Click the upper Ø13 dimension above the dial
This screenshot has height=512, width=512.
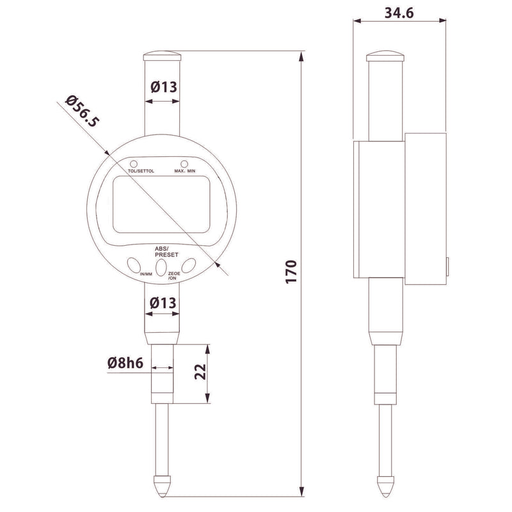(163, 88)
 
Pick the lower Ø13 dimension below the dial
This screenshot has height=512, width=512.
(163, 305)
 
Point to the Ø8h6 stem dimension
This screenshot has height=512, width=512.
(125, 364)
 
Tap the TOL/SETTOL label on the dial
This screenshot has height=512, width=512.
(141, 171)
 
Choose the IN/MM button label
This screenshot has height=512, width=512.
(145, 275)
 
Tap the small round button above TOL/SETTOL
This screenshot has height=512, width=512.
(134, 163)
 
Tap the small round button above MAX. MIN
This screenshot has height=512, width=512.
(184, 163)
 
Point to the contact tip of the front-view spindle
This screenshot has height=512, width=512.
(163, 490)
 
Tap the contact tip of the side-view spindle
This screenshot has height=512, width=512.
(386, 490)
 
